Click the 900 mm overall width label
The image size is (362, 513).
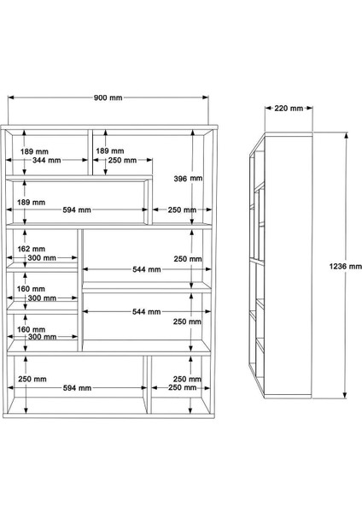[108, 98]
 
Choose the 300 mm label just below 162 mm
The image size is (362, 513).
[40, 257]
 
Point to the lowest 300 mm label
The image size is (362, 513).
[40, 339]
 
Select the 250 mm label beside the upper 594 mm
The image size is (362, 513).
[181, 209]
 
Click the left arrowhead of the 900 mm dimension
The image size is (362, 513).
[10, 98]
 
